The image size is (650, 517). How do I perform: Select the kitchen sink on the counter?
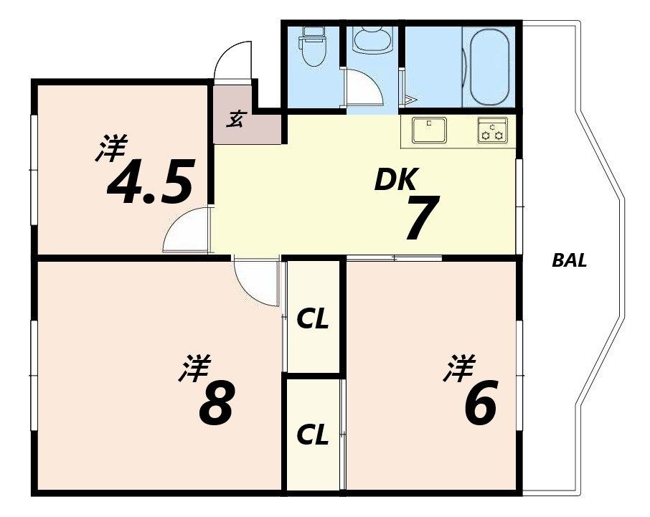click(429, 129)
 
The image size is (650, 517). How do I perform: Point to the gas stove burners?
click(492, 130)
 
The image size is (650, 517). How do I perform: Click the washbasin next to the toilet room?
click(372, 39)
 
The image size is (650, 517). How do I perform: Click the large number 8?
click(215, 403)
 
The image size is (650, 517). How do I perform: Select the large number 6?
click(480, 403)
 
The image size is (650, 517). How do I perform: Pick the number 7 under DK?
click(422, 217)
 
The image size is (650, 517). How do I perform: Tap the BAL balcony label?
click(569, 261)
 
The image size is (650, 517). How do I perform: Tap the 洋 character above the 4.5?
click(111, 148)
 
